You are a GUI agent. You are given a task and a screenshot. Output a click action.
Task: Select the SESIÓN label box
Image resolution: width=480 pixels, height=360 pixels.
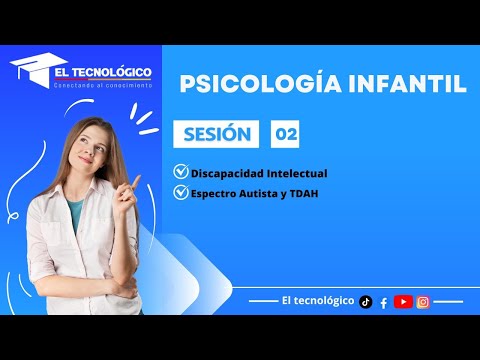pyautogui.click(x=215, y=134)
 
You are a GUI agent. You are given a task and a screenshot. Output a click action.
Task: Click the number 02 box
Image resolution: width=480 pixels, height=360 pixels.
pyautogui.click(x=285, y=134)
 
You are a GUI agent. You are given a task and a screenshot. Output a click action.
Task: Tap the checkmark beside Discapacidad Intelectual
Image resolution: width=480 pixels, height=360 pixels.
pyautogui.click(x=180, y=172)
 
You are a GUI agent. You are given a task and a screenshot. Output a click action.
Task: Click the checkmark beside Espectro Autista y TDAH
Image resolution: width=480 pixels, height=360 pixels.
pyautogui.click(x=180, y=192)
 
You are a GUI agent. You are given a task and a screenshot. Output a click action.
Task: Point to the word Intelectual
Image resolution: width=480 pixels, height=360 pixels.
pyautogui.click(x=294, y=173)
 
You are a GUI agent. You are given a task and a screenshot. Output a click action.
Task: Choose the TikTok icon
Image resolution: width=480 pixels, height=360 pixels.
pyautogui.click(x=366, y=301)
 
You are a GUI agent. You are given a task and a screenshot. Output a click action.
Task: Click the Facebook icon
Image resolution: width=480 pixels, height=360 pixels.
pyautogui.click(x=384, y=302)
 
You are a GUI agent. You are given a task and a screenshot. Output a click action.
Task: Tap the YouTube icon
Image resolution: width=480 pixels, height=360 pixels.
pyautogui.click(x=403, y=301)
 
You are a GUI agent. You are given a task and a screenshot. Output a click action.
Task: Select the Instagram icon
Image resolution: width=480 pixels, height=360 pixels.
pyautogui.click(x=424, y=301)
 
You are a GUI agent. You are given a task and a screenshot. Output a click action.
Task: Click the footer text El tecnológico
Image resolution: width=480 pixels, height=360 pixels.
pyautogui.click(x=318, y=301)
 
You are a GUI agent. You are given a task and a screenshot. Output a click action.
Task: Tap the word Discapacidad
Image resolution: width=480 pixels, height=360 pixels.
pyautogui.click(x=223, y=173)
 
